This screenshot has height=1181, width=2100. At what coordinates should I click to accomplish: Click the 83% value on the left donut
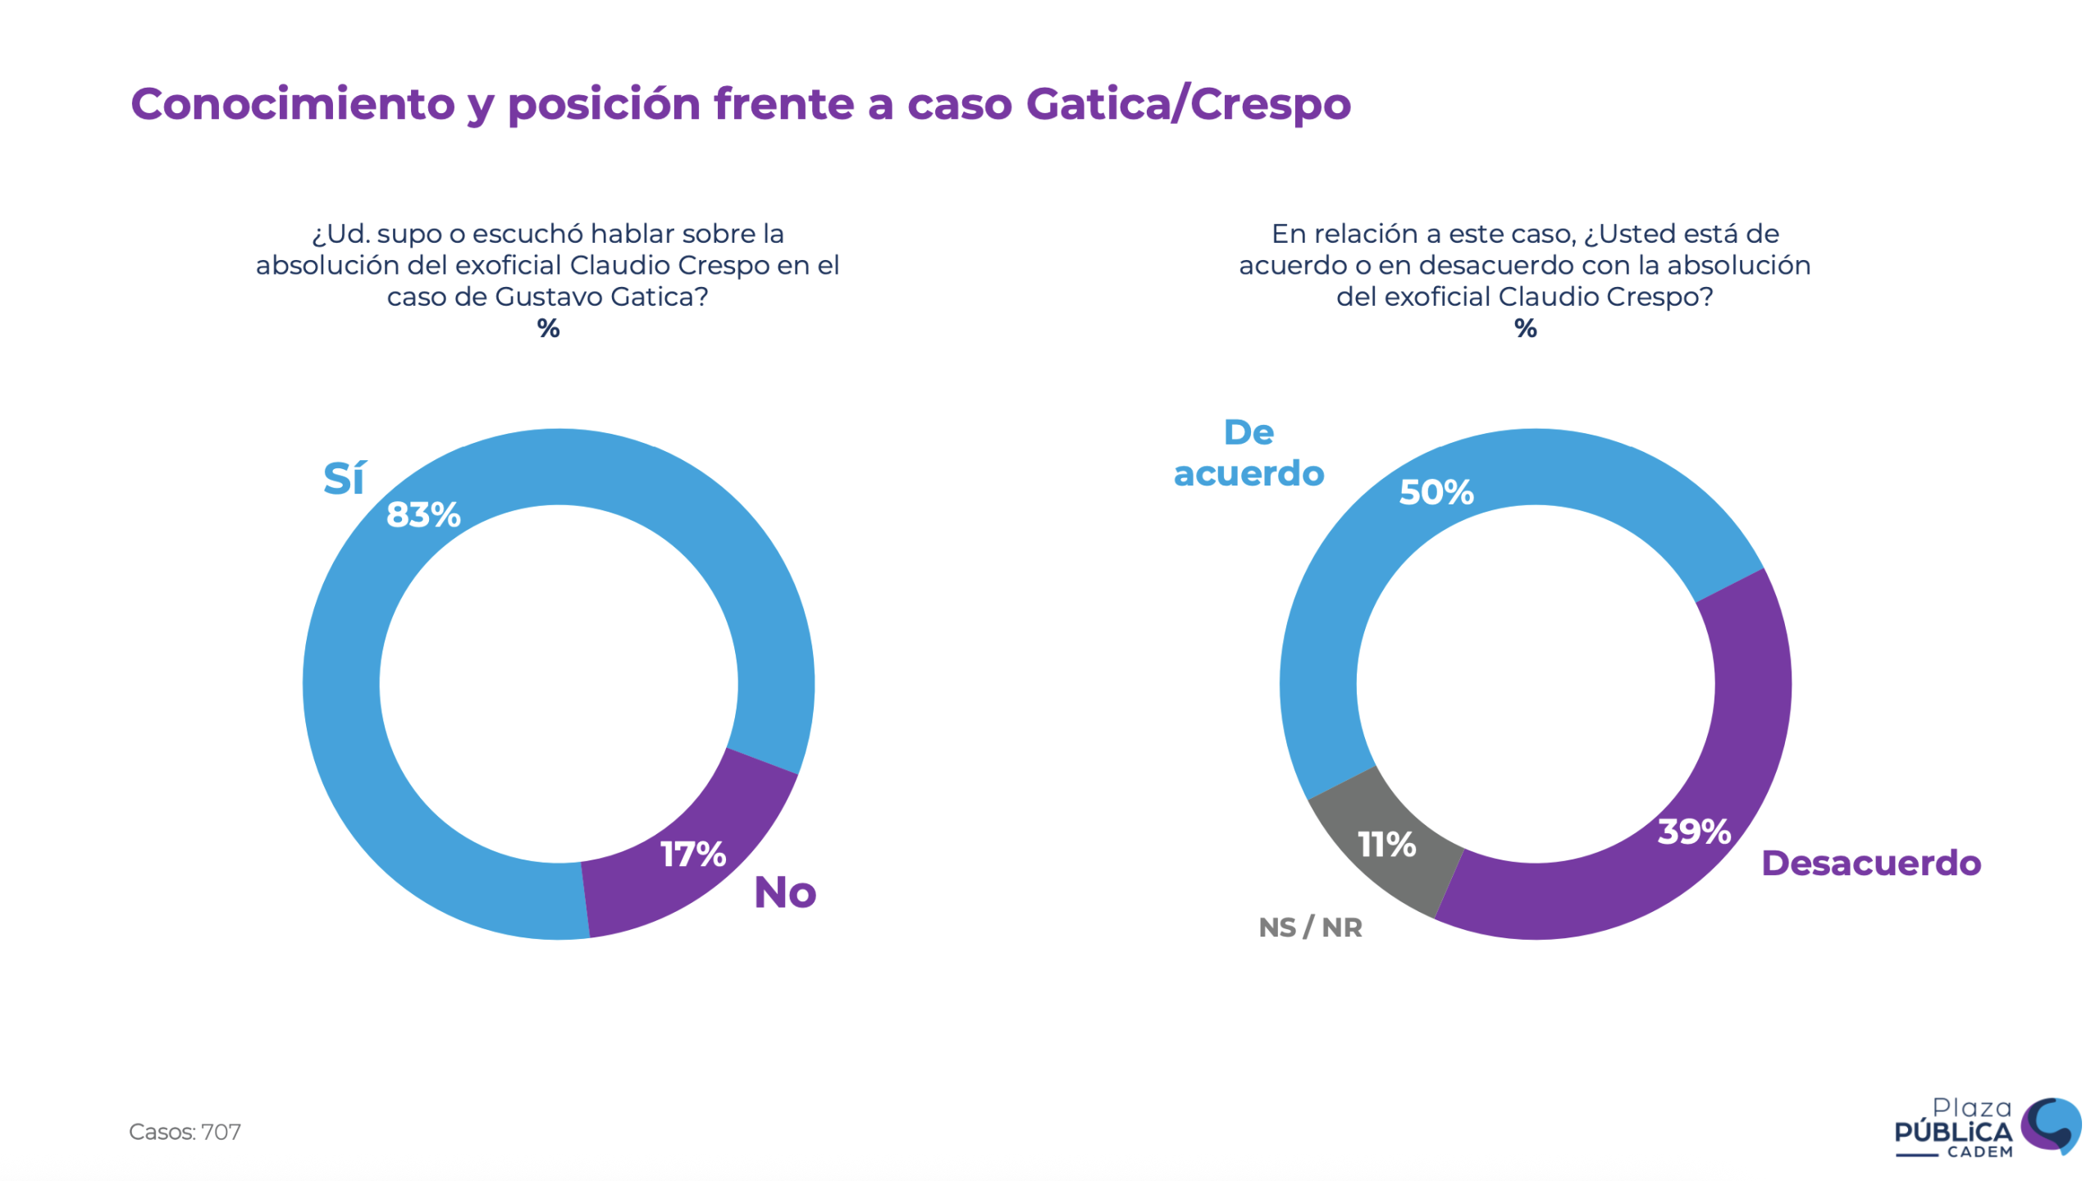(x=423, y=515)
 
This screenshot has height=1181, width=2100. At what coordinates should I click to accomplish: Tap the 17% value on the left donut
(x=693, y=855)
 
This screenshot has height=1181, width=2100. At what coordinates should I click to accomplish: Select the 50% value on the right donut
(x=1436, y=492)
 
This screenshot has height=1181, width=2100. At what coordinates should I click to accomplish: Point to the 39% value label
(x=1694, y=832)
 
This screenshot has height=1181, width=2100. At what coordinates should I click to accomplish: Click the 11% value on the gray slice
(x=1386, y=845)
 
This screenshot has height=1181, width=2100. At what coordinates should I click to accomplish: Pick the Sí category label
(x=344, y=478)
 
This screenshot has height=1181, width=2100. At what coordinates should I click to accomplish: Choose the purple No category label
(x=785, y=892)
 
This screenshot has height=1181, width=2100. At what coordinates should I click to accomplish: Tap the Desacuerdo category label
(x=1870, y=864)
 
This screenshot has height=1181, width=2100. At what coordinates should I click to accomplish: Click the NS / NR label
(x=1310, y=928)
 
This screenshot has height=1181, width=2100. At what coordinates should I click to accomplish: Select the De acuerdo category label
(x=1249, y=454)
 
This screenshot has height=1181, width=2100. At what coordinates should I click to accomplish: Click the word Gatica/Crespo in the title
(x=1188, y=104)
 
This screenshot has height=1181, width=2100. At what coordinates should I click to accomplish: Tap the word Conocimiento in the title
(x=293, y=104)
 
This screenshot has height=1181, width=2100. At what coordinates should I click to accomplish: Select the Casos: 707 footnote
(x=185, y=1132)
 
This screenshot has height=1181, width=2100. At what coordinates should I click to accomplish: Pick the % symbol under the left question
(x=548, y=329)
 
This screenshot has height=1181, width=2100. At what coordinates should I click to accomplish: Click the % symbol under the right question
(x=1525, y=329)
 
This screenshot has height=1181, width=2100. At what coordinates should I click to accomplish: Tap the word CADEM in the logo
(x=1979, y=1152)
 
